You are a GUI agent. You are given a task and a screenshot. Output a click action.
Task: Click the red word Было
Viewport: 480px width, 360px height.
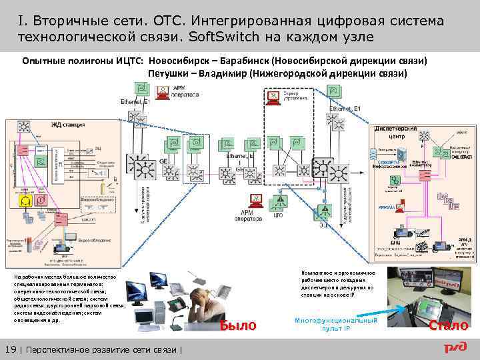238,325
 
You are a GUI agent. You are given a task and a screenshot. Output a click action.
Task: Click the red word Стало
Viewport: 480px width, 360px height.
448,325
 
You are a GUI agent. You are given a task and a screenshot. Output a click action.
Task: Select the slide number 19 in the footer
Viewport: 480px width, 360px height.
10,350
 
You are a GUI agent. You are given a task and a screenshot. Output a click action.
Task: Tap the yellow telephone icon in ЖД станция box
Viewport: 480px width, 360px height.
27,200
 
